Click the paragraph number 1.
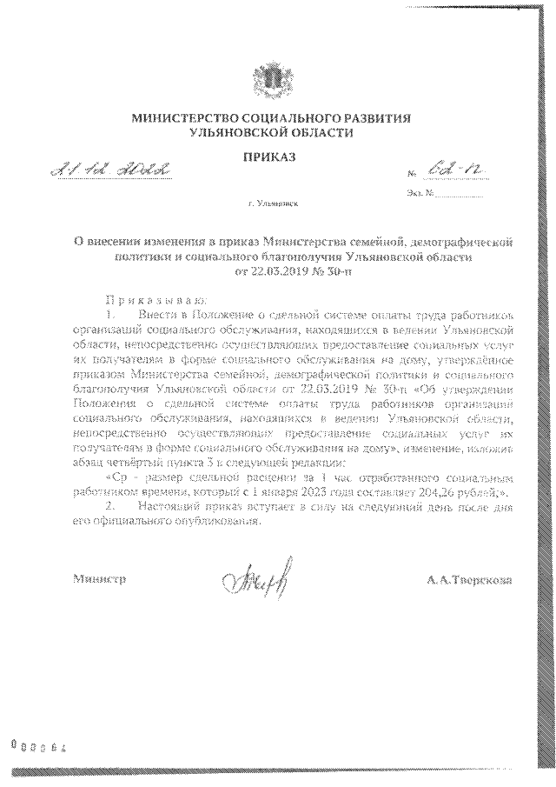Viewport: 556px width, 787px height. pyautogui.click(x=110, y=310)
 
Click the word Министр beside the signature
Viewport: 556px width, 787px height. pyautogui.click(x=99, y=577)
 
